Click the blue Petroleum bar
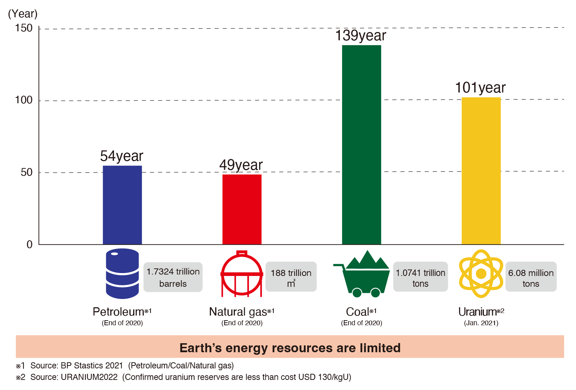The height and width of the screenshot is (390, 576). click(122, 205)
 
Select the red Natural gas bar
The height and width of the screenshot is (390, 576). click(242, 209)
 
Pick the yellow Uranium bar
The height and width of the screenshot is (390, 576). click(481, 171)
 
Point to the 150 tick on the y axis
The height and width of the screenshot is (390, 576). click(24, 28)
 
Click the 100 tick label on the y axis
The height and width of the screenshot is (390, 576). click(24, 100)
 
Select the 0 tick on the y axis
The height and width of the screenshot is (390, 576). click(30, 245)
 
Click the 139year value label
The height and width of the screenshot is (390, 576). click(360, 36)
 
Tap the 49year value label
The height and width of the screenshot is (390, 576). click(241, 165)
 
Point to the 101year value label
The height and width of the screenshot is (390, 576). click(480, 88)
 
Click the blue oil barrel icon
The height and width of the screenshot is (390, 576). click(122, 274)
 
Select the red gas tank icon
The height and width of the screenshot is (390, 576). click(242, 274)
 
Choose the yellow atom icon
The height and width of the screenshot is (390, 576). click(481, 274)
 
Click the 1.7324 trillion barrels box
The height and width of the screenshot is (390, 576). click(173, 277)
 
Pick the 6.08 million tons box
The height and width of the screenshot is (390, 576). click(531, 277)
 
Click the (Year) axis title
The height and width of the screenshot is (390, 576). click(23, 14)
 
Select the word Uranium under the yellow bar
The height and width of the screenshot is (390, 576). click(477, 312)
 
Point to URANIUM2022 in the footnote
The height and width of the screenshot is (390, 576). click(89, 377)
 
